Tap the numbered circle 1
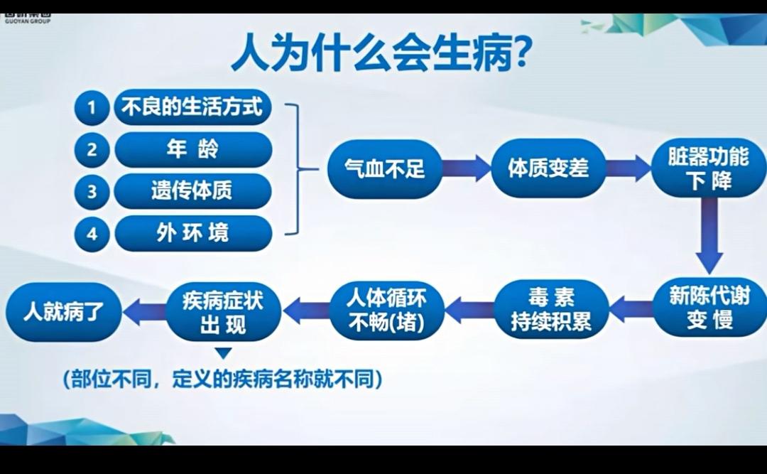point(92,107)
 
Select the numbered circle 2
point(92,150)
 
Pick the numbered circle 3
point(92,191)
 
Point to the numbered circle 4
point(92,233)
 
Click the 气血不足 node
point(385,168)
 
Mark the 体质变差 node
point(548,168)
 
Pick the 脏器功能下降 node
point(709,168)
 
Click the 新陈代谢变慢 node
point(709,308)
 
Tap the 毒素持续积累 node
point(551,310)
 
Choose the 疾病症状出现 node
point(223,311)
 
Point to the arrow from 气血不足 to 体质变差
point(467,168)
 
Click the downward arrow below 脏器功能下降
point(709,235)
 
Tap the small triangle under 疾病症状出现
point(223,353)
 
